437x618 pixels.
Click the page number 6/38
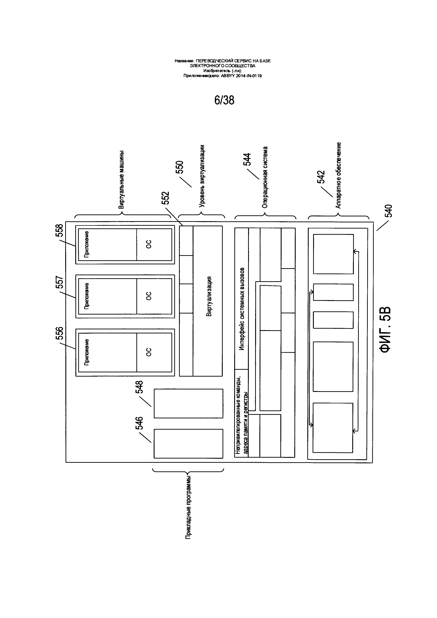[224, 100]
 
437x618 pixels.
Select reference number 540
[389, 211]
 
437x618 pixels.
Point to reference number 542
[321, 177]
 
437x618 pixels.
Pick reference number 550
[180, 167]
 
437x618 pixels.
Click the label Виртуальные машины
[121, 180]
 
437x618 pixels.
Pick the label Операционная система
[265, 177]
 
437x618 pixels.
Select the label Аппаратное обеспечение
[338, 175]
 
